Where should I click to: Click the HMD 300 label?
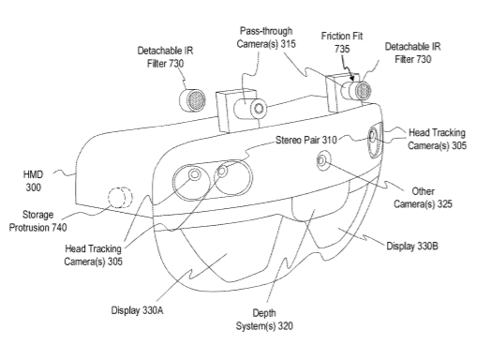(33, 181)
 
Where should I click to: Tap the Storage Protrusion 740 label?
(37, 221)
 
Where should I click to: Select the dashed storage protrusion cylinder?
(120, 198)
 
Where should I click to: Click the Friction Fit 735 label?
(342, 42)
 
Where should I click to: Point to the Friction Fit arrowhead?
(352, 78)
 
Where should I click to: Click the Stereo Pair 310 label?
(306, 140)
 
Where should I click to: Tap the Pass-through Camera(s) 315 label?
(266, 37)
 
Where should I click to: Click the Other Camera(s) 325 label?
(423, 198)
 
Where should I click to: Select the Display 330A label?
(137, 310)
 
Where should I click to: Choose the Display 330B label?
(412, 246)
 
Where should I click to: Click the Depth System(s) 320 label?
(264, 320)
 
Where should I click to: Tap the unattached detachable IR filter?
(192, 99)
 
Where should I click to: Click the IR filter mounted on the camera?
(363, 91)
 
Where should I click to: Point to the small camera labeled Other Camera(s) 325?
(321, 161)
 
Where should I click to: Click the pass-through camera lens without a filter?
(259, 109)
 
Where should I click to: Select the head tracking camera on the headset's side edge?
(375, 142)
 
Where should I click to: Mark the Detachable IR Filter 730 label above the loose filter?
(165, 57)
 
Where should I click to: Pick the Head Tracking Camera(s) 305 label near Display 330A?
(93, 255)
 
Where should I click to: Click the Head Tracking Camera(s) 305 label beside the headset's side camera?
(437, 139)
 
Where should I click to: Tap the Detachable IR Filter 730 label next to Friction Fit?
(413, 52)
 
